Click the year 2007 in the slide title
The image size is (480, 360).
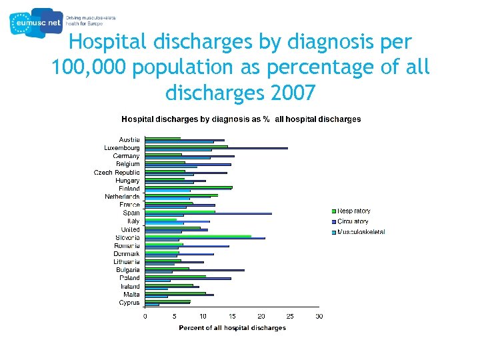tap(290, 93)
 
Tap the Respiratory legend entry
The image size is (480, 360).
tap(353, 211)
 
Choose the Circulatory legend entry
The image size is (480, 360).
tap(353, 221)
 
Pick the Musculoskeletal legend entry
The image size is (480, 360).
tap(361, 232)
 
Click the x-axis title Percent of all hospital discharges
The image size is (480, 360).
tap(232, 328)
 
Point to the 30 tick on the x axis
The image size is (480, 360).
tap(319, 316)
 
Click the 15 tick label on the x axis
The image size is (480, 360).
tap(232, 316)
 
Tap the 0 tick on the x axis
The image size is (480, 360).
tap(146, 316)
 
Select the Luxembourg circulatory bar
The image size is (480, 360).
tap(217, 148)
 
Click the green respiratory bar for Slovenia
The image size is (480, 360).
tap(199, 235)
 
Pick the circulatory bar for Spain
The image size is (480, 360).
tap(209, 213)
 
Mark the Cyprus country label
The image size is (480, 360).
tap(129, 303)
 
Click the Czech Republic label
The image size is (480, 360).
tap(117, 172)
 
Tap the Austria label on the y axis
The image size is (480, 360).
tap(129, 139)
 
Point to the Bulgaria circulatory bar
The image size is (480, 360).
tap(195, 271)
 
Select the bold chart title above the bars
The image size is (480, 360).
tap(241, 119)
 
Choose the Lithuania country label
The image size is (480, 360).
tap(126, 262)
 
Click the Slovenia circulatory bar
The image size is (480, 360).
tap(205, 238)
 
